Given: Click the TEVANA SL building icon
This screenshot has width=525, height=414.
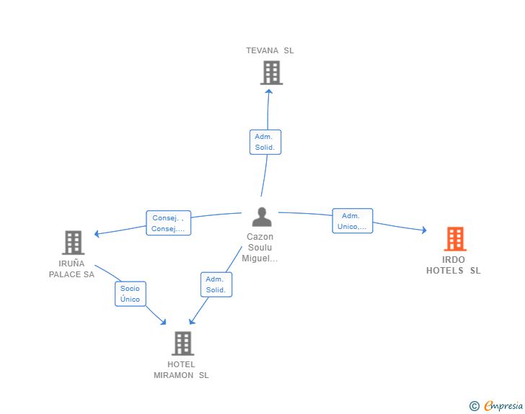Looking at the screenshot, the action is pyautogui.click(x=272, y=73).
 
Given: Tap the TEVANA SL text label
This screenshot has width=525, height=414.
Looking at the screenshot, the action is pyautogui.click(x=270, y=50).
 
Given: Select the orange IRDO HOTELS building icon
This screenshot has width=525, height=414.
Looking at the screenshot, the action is pyautogui.click(x=455, y=239).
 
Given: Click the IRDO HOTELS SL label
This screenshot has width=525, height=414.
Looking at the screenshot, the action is pyautogui.click(x=454, y=265).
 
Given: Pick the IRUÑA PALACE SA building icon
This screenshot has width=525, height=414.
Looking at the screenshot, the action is pyautogui.click(x=74, y=243).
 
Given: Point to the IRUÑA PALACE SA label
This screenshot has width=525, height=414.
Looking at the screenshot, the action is pyautogui.click(x=71, y=269).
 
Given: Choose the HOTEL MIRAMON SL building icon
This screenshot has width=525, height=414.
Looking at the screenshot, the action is pyautogui.click(x=183, y=343).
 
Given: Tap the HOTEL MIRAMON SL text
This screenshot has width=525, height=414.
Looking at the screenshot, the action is pyautogui.click(x=181, y=370).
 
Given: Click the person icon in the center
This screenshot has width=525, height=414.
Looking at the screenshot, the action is pyautogui.click(x=262, y=217).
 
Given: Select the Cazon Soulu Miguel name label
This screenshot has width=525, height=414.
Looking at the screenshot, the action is pyautogui.click(x=260, y=248).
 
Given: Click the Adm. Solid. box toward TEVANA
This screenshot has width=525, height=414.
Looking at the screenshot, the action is pyautogui.click(x=265, y=142).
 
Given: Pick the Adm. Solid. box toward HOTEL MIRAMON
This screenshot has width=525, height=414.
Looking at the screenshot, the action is pyautogui.click(x=216, y=284).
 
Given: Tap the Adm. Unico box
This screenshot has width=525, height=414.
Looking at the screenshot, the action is pyautogui.click(x=352, y=221).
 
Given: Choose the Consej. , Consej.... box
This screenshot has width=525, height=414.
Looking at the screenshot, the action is pyautogui.click(x=169, y=223).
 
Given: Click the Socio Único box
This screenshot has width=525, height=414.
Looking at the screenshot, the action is pyautogui.click(x=131, y=294).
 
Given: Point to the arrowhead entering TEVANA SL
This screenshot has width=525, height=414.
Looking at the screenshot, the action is pyautogui.click(x=268, y=91).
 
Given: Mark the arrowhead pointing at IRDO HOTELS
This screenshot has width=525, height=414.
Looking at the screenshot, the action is pyautogui.click(x=424, y=230).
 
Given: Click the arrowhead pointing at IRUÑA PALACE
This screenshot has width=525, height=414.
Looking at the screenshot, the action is pyautogui.click(x=97, y=233).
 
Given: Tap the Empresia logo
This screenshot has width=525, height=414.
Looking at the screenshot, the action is pyautogui.click(x=503, y=405).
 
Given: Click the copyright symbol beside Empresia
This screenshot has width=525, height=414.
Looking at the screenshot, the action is pyautogui.click(x=475, y=406).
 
